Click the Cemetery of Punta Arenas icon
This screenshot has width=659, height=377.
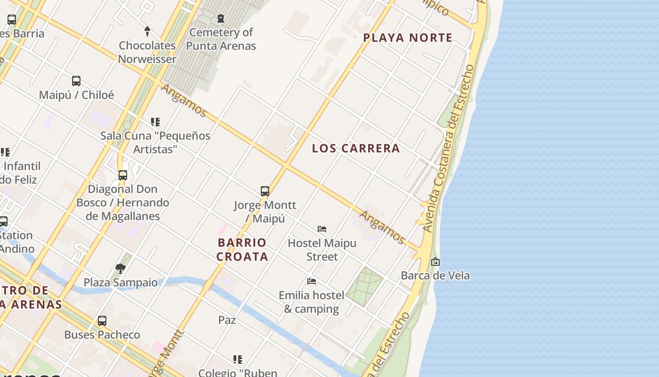[220, 19]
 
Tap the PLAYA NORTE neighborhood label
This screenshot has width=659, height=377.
[408, 38]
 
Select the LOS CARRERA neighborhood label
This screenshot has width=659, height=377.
[356, 148]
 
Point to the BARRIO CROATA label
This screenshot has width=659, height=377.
[242, 250]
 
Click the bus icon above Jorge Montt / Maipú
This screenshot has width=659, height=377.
[265, 191]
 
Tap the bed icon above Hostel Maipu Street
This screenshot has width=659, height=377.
[322, 229]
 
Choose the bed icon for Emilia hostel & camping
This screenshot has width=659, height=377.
[311, 281]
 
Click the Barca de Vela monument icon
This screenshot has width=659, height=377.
[435, 262]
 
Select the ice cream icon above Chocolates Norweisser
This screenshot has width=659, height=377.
[147, 32]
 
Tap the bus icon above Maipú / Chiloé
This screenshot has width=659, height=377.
[76, 81]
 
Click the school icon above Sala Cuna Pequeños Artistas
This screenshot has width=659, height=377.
[155, 122]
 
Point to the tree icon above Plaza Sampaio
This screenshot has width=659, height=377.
[121, 269]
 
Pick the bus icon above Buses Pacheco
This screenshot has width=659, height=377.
[102, 321]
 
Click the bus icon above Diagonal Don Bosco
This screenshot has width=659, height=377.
[123, 175]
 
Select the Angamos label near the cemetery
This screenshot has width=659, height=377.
[183, 100]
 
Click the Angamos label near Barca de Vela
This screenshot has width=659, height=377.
[382, 227]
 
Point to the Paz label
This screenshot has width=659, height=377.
[227, 320]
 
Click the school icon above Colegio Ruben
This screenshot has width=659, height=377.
[238, 360]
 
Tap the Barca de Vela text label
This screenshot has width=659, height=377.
[435, 275]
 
